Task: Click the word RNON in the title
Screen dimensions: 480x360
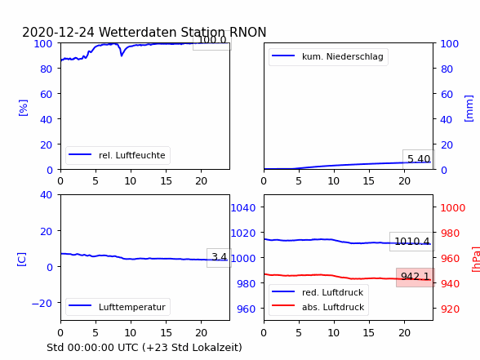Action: (x=247, y=32)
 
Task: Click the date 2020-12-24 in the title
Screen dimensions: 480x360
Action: (x=58, y=32)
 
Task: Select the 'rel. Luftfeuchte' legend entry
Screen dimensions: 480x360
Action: (x=118, y=155)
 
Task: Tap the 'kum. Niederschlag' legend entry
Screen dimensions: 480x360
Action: (x=328, y=56)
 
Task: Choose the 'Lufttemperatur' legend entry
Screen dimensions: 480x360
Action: (x=118, y=307)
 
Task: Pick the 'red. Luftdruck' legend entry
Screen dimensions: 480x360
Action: (x=318, y=292)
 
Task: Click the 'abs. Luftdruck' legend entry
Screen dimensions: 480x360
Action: (x=318, y=307)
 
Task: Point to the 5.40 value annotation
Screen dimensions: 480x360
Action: (x=419, y=159)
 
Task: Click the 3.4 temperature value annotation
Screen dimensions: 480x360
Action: (x=219, y=257)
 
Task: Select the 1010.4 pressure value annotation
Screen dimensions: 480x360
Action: (x=412, y=242)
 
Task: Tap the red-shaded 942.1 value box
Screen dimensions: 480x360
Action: (x=416, y=277)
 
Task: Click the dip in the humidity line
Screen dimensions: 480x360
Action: (x=122, y=56)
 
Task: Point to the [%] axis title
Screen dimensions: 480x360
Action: (x=23, y=108)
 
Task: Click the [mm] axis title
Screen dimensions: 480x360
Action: (x=469, y=109)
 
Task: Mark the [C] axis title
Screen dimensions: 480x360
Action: (x=22, y=260)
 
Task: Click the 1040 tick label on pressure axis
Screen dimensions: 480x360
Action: (x=243, y=207)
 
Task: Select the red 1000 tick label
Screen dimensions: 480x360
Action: (x=453, y=207)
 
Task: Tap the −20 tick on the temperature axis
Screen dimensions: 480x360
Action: (x=42, y=303)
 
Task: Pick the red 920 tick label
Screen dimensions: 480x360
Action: (x=450, y=309)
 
